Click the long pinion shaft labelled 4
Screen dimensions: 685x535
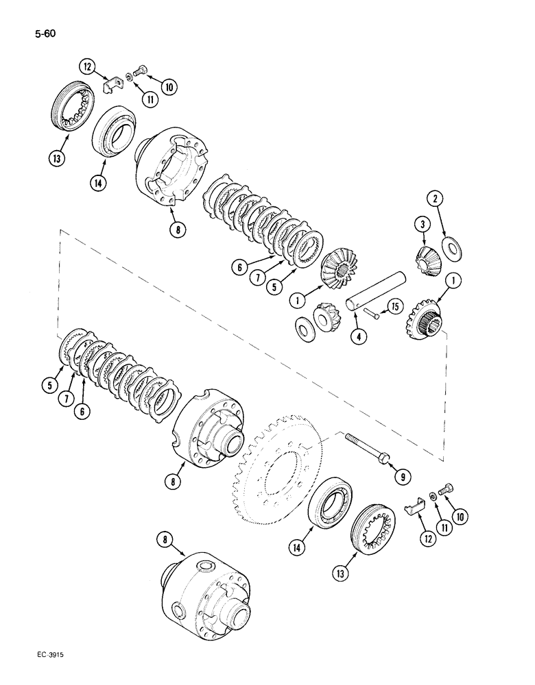[x=377, y=292]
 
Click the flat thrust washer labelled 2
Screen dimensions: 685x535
[x=453, y=247]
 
